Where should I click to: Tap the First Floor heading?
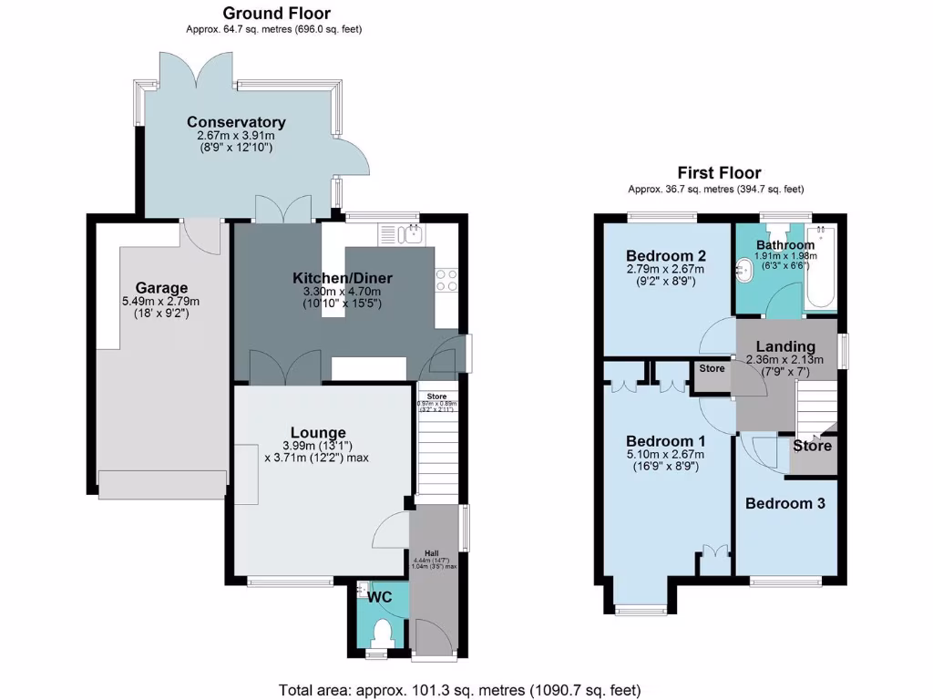719,172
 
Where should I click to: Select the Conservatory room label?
236,122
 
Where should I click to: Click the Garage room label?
161,287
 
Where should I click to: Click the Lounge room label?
318,432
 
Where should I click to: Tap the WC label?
379,598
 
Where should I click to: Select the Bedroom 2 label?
666,255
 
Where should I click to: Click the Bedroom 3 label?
785,503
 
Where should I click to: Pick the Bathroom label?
785,244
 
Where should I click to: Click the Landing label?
785,346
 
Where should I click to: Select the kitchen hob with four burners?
446,280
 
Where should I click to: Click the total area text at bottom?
459,689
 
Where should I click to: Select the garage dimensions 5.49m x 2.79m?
160,302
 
